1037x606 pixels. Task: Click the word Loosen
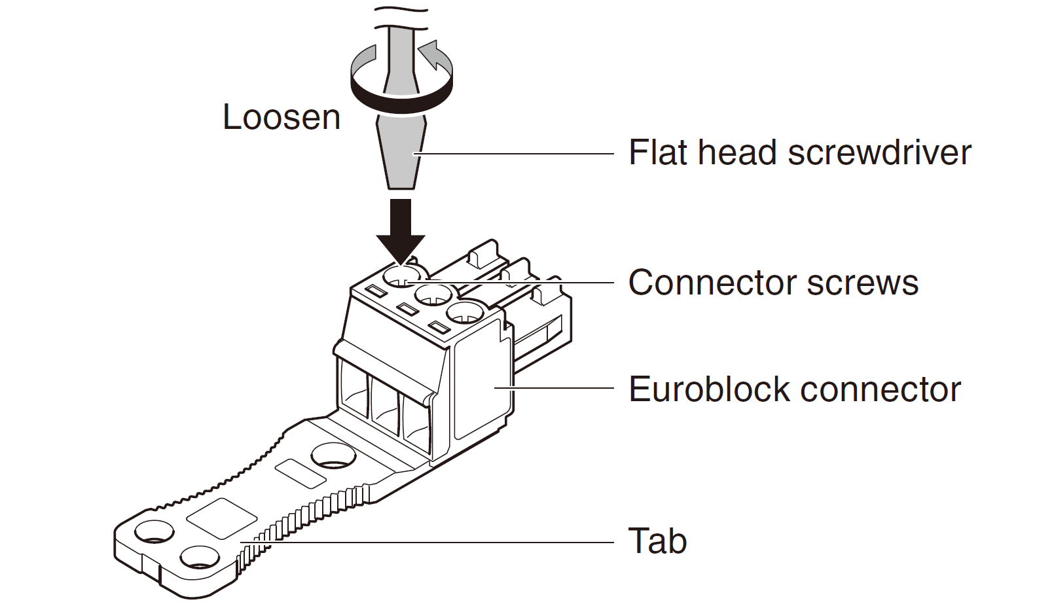point(282,118)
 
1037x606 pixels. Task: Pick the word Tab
point(657,541)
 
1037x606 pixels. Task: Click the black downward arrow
point(401,229)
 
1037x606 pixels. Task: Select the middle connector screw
point(433,294)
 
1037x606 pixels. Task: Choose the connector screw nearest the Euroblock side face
point(467,313)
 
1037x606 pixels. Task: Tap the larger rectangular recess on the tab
point(221,518)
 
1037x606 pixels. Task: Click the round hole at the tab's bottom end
point(200,558)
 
